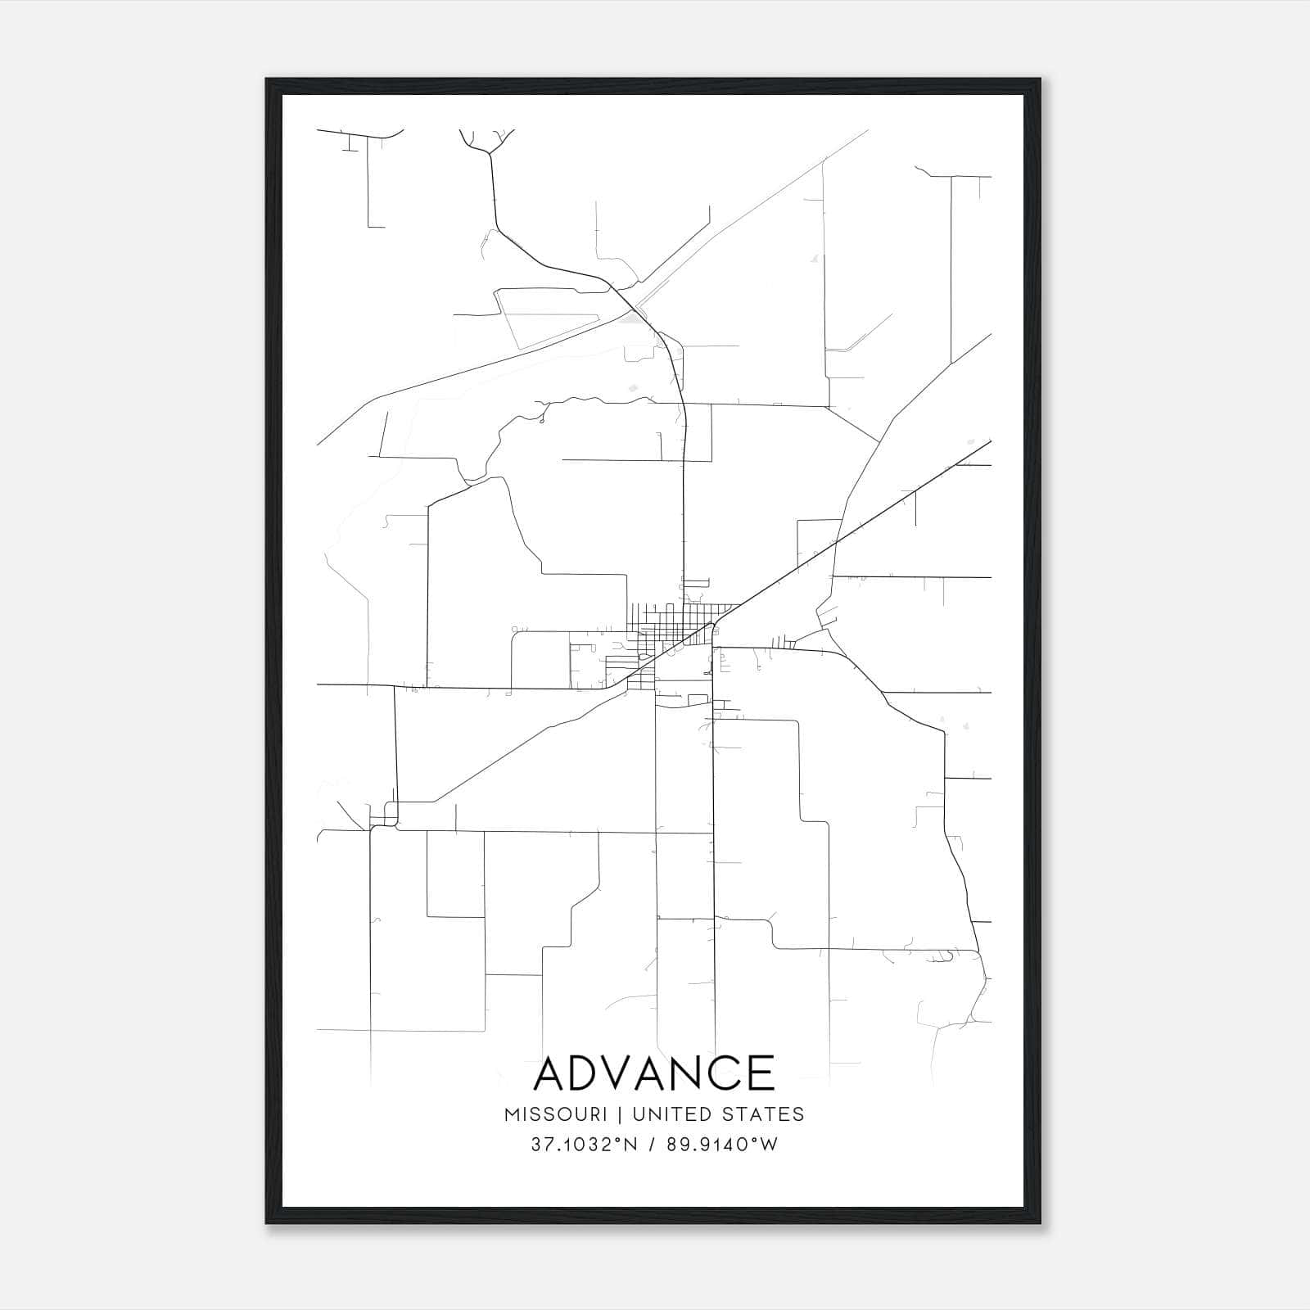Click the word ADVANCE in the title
(x=653, y=1073)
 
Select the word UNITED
(x=674, y=1114)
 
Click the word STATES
(x=764, y=1114)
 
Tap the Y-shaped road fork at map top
(x=490, y=152)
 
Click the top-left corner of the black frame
(x=268, y=80)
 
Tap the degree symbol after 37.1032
(x=617, y=1139)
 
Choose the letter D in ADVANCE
(x=589, y=1073)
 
